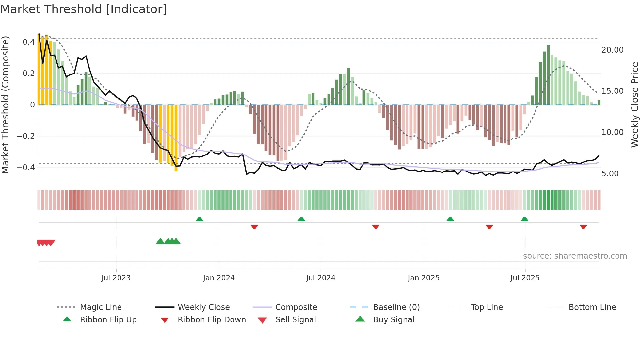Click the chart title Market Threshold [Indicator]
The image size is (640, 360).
[84, 9]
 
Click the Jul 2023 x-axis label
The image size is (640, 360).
[116, 278]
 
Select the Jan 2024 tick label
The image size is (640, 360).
[219, 278]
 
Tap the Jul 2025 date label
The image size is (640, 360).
[525, 278]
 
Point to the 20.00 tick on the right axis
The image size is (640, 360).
[612, 50]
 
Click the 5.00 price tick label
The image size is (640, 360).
[610, 174]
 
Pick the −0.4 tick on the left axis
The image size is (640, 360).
[26, 168]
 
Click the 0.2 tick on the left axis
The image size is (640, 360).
[29, 74]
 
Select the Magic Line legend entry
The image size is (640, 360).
[101, 307]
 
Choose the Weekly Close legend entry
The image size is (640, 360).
[203, 307]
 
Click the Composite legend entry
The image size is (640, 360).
[296, 307]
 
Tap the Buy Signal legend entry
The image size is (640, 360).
[393, 320]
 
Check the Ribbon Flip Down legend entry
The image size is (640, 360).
[212, 320]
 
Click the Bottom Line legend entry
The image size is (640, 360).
[592, 307]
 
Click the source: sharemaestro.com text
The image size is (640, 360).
[575, 256]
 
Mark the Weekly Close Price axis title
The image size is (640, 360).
[634, 105]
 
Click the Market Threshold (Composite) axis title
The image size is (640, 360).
[5, 105]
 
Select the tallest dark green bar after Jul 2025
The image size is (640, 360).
[548, 75]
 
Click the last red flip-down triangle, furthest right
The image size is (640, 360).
[583, 227]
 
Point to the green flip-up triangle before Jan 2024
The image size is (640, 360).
[200, 219]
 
